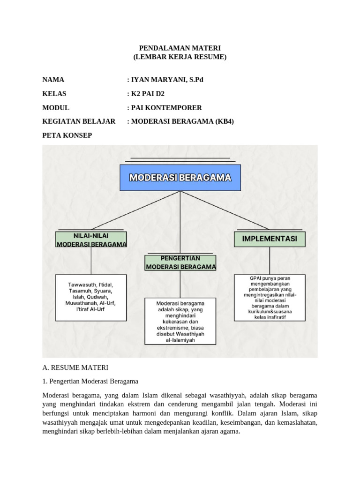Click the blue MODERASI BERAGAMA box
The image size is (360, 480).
[x=180, y=178]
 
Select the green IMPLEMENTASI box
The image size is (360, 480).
[x=269, y=239]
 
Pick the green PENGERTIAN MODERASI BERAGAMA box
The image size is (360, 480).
[x=180, y=262]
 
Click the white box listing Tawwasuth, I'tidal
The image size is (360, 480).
[x=91, y=297]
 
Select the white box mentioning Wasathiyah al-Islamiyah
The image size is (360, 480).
[x=180, y=321]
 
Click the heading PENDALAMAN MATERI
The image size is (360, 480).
[x=180, y=48]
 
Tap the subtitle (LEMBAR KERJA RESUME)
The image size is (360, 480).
[x=180, y=57]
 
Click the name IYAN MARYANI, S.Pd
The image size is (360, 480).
[x=161, y=80]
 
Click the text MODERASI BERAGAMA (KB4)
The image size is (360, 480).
[x=182, y=121]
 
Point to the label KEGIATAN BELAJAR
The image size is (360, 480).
[x=79, y=121]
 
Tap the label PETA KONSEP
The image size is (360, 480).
[x=67, y=135]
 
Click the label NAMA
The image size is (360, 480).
[x=53, y=80]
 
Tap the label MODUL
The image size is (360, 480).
[x=55, y=107]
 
